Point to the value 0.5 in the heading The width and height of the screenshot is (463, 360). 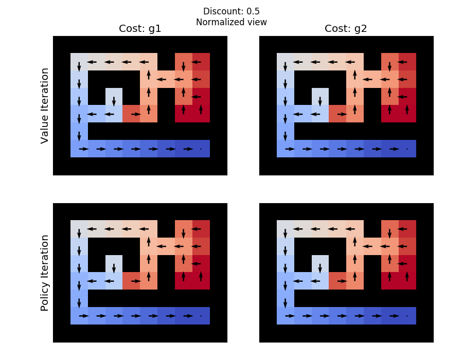click(253, 11)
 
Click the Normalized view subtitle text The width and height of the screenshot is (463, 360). click(232, 22)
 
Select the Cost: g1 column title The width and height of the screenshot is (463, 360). click(140, 29)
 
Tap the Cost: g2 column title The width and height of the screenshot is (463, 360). click(346, 29)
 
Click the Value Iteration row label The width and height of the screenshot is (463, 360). click(45, 105)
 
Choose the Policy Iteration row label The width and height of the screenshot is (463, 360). click(45, 273)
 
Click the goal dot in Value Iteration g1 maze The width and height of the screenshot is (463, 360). click(201, 149)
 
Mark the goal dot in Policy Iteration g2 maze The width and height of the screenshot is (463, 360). click(407, 316)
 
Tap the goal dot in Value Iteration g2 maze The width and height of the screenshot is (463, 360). click(407, 149)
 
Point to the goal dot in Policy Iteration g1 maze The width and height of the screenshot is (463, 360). click(201, 316)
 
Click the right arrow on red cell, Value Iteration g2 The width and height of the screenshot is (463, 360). click(342, 114)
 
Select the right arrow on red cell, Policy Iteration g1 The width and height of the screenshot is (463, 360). click(136, 281)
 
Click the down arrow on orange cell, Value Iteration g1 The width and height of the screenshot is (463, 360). click(183, 67)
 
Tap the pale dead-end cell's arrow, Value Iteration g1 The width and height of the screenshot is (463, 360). click(114, 101)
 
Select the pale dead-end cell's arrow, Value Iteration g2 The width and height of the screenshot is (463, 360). click(320, 101)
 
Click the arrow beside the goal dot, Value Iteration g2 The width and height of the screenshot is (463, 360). click(394, 149)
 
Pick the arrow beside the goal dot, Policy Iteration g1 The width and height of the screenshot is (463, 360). click(188, 316)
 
